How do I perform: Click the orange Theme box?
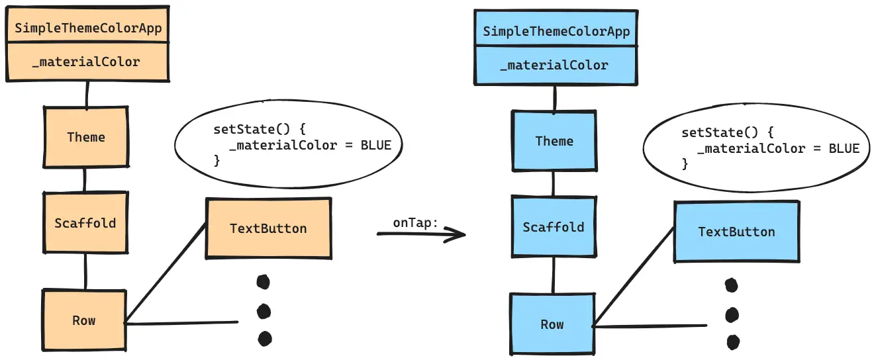86,137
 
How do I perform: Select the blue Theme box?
554,141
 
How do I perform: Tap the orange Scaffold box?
85,223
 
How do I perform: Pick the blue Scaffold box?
553,227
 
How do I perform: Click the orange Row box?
84,320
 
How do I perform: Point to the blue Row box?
552,324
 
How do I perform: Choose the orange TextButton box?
268,228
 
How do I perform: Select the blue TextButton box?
736,232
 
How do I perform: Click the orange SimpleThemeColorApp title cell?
88,28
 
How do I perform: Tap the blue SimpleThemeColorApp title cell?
556,31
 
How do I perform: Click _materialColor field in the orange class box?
88,62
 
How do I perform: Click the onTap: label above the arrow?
415,223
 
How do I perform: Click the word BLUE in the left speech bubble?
375,145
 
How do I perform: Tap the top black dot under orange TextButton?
263,282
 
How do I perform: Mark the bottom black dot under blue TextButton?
732,342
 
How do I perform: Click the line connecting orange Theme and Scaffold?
84,179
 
